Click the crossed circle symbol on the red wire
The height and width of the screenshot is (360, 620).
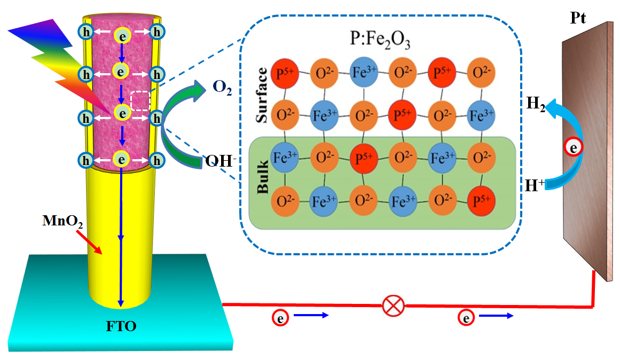[x=393, y=307]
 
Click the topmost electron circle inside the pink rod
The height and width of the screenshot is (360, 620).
[x=122, y=34]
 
